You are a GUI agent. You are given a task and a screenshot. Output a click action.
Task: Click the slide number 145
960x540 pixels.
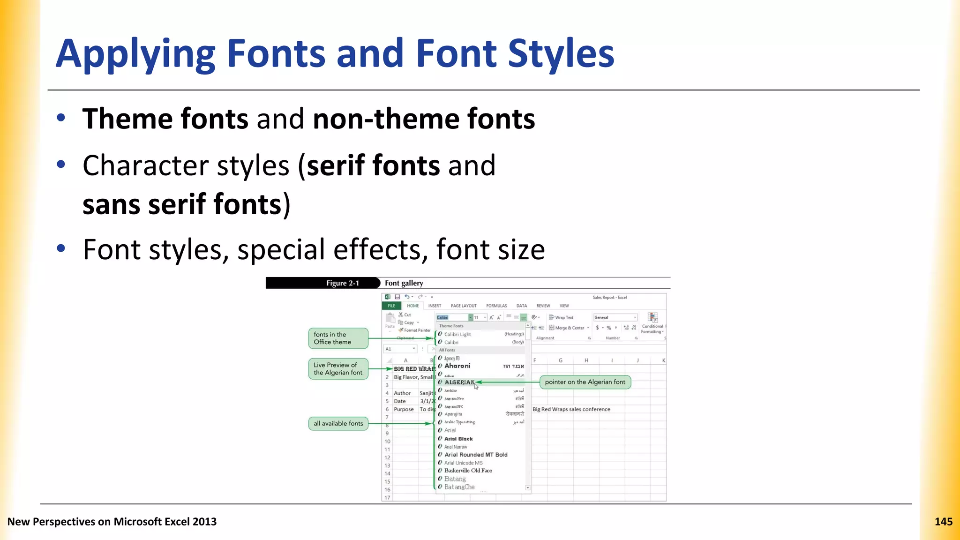pos(943,522)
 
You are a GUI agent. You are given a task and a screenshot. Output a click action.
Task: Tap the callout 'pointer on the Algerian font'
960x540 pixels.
pos(585,382)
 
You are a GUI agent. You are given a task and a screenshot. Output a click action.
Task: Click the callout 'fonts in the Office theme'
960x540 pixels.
pos(338,338)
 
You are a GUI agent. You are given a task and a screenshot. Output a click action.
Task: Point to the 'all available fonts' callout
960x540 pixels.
pos(338,423)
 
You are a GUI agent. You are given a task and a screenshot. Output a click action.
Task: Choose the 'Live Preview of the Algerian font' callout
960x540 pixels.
pos(338,368)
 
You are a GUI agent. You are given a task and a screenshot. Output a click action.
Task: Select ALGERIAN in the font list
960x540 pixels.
pos(459,382)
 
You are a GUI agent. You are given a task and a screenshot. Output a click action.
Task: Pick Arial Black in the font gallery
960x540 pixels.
pos(458,439)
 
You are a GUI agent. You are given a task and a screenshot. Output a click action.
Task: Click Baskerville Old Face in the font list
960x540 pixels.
pos(468,471)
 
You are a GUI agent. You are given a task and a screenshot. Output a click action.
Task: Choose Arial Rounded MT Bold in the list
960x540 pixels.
pos(476,455)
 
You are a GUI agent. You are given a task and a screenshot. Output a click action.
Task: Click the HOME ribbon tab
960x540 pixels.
pos(413,306)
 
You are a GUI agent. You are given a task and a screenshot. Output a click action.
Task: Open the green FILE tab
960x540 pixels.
pos(391,306)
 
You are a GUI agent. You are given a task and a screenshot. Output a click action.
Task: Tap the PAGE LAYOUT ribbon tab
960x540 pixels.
pos(464,306)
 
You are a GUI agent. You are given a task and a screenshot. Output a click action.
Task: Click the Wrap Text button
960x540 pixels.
pos(561,317)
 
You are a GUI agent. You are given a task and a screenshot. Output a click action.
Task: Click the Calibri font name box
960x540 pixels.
pos(452,317)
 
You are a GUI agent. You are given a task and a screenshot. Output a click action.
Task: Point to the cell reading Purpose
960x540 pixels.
pos(404,409)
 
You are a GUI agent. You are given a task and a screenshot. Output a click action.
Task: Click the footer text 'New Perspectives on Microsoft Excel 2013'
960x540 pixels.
pos(112,522)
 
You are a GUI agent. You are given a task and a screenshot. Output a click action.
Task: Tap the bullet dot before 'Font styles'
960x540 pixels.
pos(60,248)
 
